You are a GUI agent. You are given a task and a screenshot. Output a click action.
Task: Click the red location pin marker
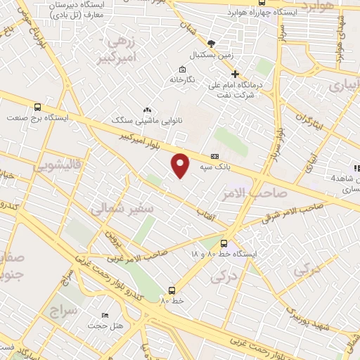click(181, 165)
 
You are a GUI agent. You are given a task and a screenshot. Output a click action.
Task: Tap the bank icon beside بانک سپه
click(214, 157)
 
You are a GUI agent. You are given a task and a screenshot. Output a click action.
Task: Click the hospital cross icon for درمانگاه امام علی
click(235, 74)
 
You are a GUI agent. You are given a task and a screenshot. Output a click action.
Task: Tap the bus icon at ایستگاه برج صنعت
click(37, 107)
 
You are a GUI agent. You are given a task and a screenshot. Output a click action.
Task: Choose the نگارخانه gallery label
click(181, 79)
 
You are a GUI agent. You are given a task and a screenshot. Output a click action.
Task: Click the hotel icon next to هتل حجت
click(105, 315)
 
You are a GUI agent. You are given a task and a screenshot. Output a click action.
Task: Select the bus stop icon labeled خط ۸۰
click(172, 290)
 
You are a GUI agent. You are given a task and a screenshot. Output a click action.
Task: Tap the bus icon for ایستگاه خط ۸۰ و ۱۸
click(224, 242)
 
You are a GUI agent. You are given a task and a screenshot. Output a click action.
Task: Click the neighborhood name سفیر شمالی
click(116, 209)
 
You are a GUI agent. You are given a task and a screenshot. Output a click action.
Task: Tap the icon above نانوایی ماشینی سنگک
click(147, 110)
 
